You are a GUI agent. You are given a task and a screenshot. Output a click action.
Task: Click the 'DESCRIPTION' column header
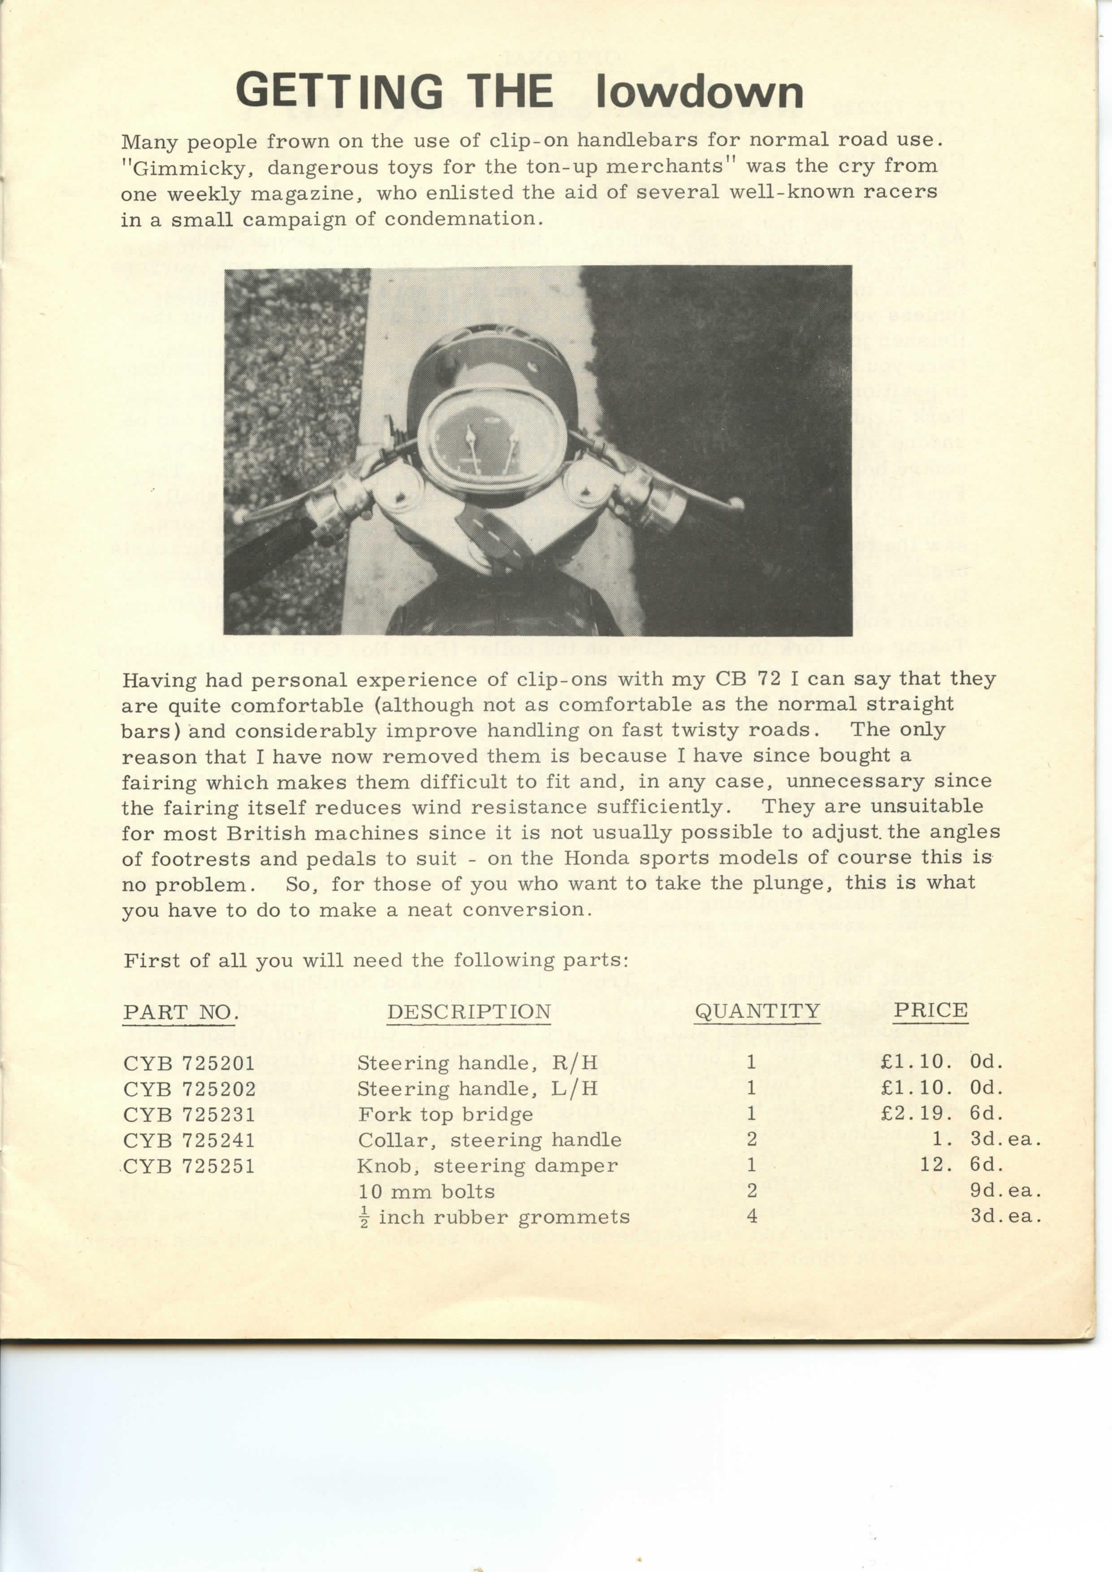point(469,1012)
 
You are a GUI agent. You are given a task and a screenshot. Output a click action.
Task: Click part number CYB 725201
point(189,1063)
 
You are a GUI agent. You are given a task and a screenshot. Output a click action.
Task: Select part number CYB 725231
point(189,1115)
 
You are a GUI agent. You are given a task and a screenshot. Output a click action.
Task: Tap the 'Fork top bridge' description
point(446,1115)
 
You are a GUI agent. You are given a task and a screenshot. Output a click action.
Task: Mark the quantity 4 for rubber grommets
point(752,1217)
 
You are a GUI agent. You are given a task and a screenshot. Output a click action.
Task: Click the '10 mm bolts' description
point(426,1191)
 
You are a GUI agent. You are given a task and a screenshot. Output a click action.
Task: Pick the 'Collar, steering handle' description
point(489,1140)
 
